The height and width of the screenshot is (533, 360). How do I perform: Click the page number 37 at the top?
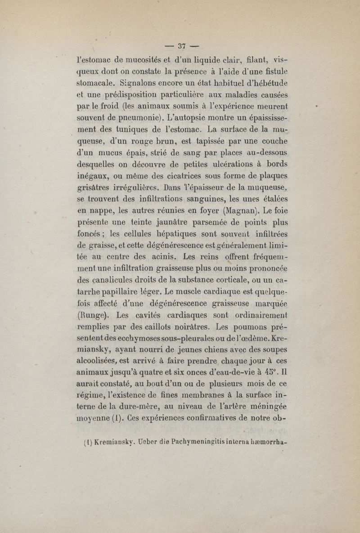pos(182,45)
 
